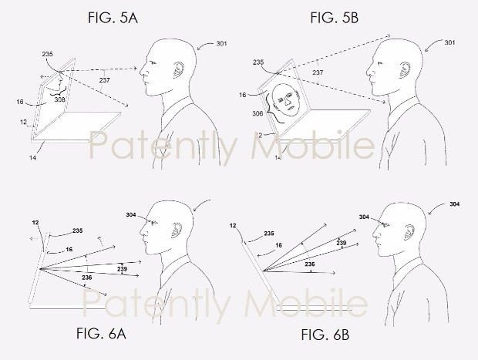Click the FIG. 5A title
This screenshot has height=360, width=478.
[x=113, y=18]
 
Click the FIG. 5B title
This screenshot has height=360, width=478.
[x=335, y=18]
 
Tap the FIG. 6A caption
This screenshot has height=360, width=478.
[x=101, y=334]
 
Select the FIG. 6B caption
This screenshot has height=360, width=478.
[x=325, y=335]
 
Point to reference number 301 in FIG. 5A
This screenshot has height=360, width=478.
[x=221, y=44]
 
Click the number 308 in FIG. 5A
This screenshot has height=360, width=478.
[x=60, y=99]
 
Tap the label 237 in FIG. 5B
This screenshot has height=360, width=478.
[x=318, y=72]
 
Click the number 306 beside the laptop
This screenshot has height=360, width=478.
[x=258, y=113]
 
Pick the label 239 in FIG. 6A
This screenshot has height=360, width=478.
[x=122, y=269]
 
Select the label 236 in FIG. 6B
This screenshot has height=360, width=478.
[x=310, y=264]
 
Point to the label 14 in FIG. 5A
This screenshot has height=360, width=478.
[x=32, y=157]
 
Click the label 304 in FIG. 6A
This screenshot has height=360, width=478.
[x=131, y=215]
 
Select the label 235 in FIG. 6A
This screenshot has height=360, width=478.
[x=77, y=230]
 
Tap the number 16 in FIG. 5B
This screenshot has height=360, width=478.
[x=242, y=95]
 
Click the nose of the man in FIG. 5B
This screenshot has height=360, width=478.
[x=369, y=72]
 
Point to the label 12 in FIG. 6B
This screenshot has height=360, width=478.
[x=233, y=226]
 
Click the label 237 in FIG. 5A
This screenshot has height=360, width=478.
[x=104, y=80]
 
